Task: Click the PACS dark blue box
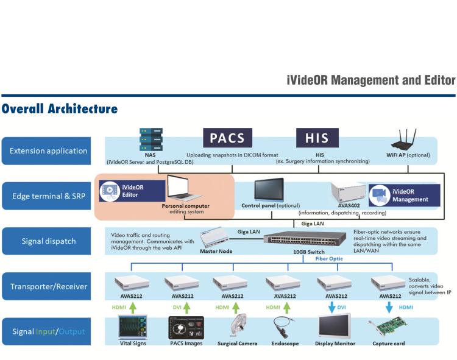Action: click(x=227, y=138)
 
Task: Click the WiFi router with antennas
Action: click(x=403, y=144)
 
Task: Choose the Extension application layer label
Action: click(x=49, y=150)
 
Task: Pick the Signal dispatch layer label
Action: click(x=49, y=241)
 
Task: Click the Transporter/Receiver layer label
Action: click(x=49, y=286)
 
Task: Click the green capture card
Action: click(x=389, y=328)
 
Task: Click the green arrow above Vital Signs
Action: click(x=133, y=307)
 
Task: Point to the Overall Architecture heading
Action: click(x=59, y=109)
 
